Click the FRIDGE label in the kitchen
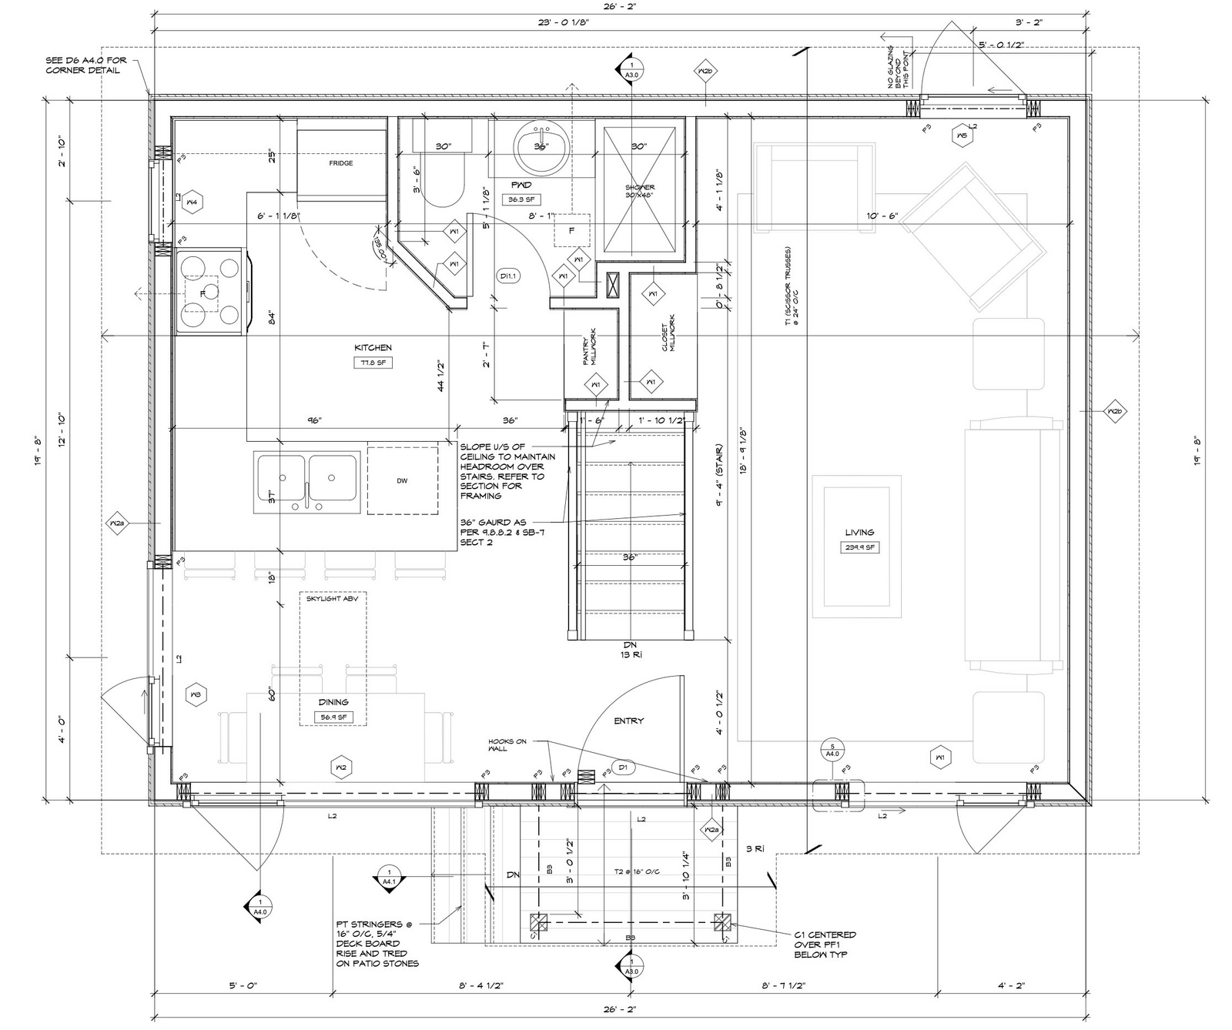coord(341,163)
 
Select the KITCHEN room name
coord(373,348)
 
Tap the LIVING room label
coord(859,532)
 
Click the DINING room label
coord(333,702)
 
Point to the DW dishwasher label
coord(402,480)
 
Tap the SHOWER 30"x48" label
coord(640,191)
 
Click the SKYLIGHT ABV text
coord(332,598)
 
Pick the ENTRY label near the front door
coord(628,721)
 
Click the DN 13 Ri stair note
coord(631,649)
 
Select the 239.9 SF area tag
coord(859,547)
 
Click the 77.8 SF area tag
coord(373,363)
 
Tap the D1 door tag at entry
coord(623,768)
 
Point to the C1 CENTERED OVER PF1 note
coord(825,945)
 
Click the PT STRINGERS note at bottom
coord(377,943)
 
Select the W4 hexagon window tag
coord(192,202)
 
